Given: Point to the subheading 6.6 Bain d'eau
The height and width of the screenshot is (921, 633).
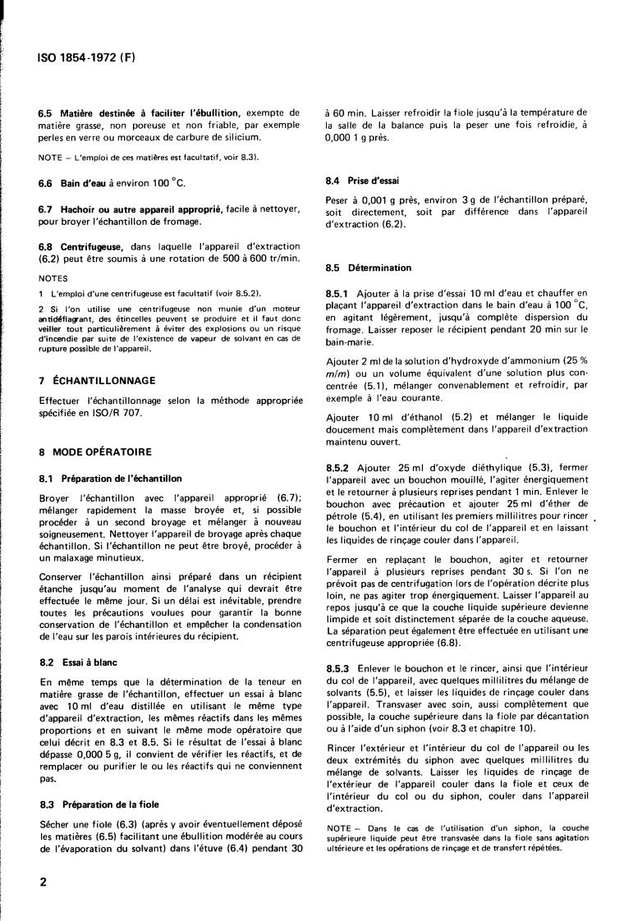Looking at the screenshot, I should (x=75, y=187).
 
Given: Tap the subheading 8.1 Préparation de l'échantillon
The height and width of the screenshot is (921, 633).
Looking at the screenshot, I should (x=110, y=478).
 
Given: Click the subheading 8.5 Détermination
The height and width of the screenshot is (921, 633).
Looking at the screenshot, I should (x=368, y=268).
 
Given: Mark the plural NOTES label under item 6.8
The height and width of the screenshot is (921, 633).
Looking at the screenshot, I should (x=54, y=277).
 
